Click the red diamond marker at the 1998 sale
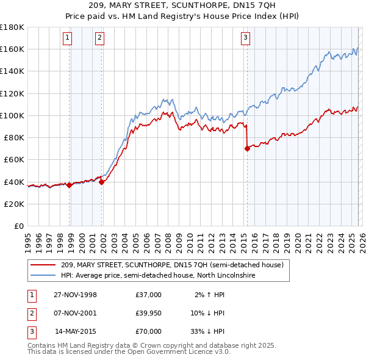point(70,185)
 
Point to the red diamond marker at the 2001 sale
point(101,182)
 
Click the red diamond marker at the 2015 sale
point(247,148)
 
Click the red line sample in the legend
point(43,265)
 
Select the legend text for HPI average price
point(157,276)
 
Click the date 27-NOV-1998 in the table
point(75,295)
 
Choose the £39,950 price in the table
point(148,313)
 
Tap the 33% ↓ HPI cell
point(206,331)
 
